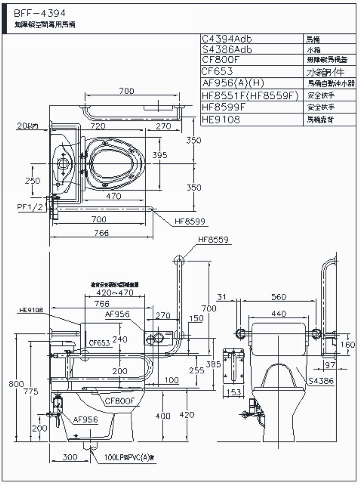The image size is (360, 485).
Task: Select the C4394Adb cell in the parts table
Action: [227, 39]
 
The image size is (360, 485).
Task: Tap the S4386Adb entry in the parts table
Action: [227, 50]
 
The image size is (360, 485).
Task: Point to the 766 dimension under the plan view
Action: [102, 233]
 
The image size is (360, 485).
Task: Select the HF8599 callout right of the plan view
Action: [190, 221]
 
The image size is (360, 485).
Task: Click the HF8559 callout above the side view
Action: [213, 240]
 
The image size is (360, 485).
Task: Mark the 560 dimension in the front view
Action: [278, 297]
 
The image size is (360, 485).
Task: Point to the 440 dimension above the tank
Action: [278, 314]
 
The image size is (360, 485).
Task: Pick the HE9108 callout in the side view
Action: [32, 310]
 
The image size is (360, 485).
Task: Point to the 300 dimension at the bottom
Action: [70, 457]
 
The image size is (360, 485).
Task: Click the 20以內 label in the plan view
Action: [28, 126]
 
